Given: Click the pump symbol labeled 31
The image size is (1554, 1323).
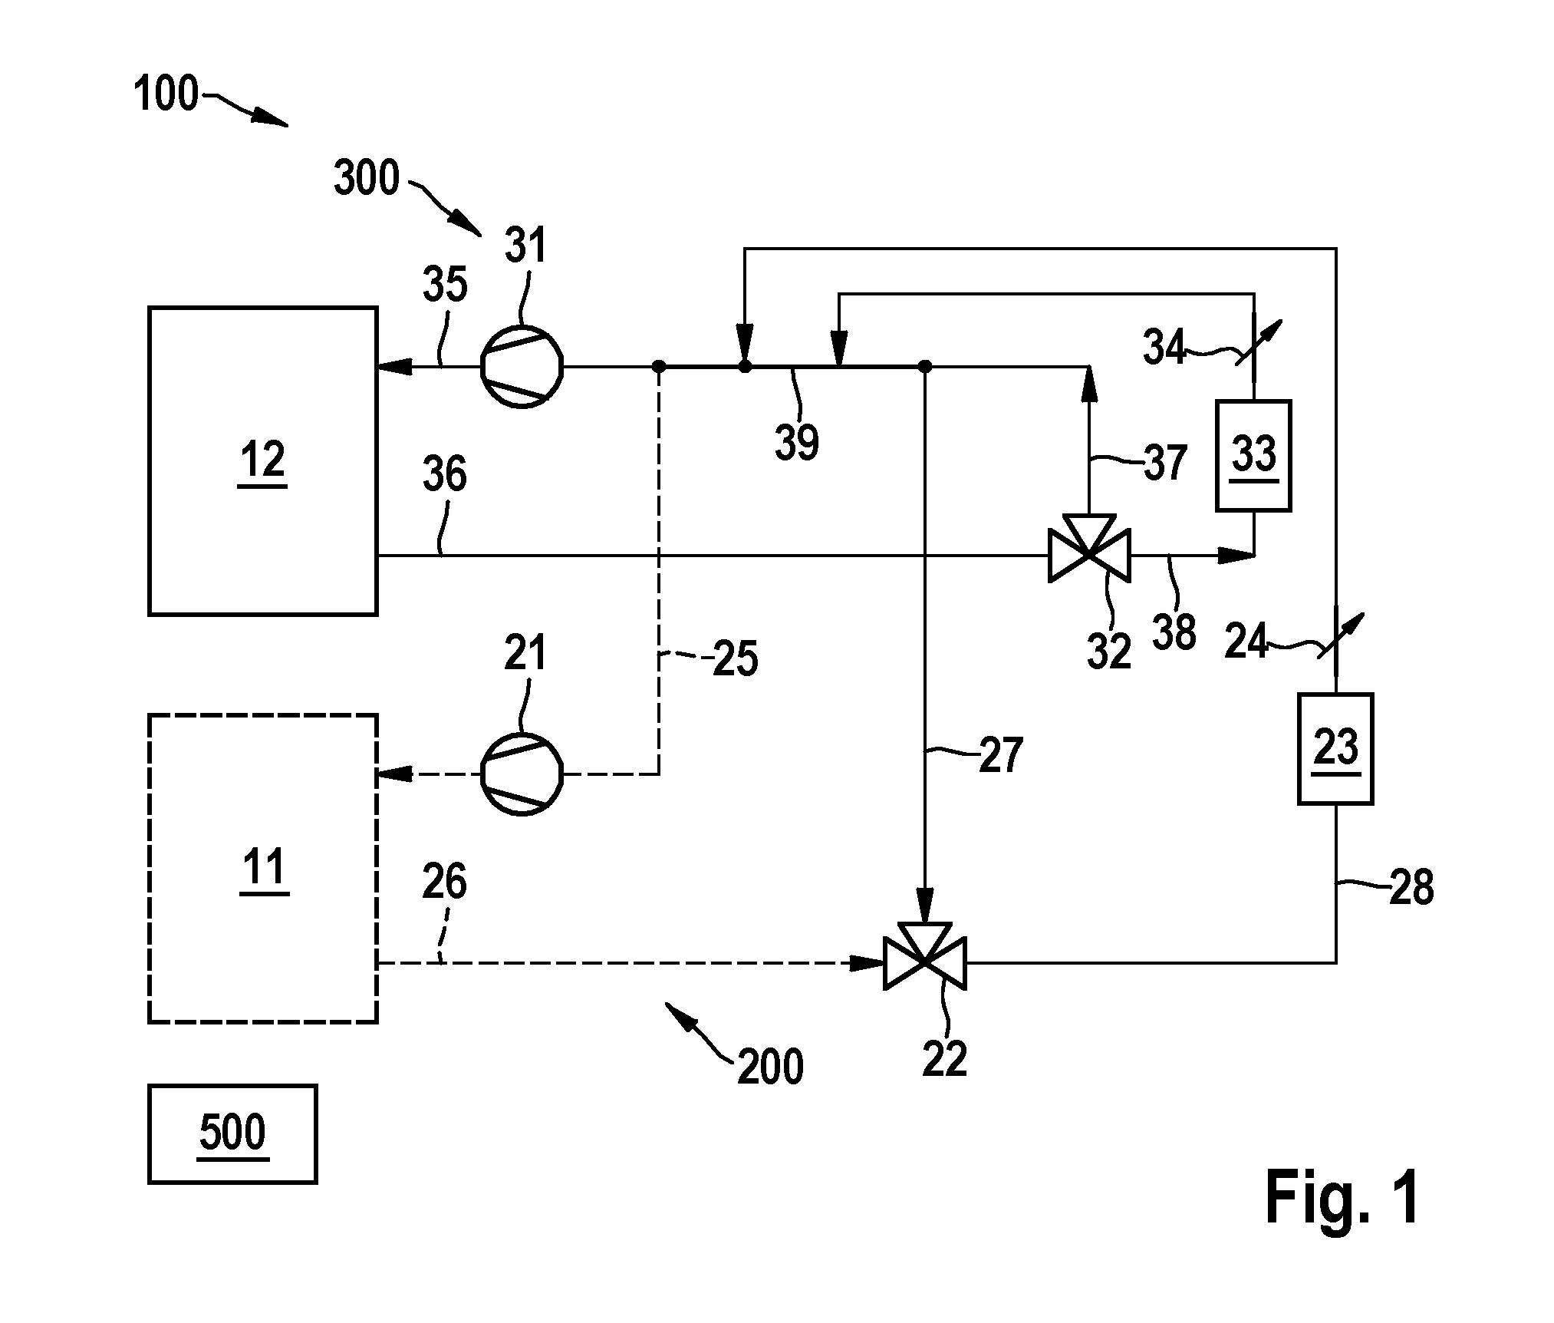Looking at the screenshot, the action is tap(522, 367).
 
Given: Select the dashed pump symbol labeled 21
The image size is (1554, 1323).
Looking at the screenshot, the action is tap(522, 774).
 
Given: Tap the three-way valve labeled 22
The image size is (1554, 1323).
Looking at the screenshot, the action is tap(925, 961).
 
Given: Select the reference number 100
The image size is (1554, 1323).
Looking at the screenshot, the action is tap(166, 94).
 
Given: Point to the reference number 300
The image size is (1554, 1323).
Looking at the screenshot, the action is tap(367, 177).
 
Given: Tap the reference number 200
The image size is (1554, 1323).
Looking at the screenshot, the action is tap(770, 1067).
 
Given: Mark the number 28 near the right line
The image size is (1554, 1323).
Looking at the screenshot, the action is tap(1411, 887).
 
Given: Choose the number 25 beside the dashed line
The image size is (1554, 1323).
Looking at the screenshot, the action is tap(736, 658).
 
